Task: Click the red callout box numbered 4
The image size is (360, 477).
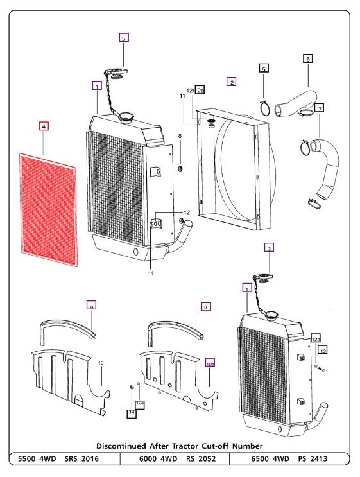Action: click(x=44, y=126)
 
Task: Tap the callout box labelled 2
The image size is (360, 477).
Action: click(x=231, y=82)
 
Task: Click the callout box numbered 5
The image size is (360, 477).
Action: click(x=263, y=67)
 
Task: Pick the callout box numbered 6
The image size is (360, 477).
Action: click(x=308, y=58)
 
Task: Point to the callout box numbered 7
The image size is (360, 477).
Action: click(x=320, y=107)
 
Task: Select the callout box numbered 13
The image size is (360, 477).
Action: click(x=323, y=351)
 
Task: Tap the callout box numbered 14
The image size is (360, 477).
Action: click(x=132, y=413)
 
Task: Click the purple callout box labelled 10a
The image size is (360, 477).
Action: click(x=210, y=363)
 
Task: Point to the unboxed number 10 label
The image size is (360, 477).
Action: click(x=101, y=363)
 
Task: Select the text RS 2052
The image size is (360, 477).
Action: click(x=200, y=458)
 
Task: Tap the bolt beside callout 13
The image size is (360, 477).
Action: click(x=322, y=369)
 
